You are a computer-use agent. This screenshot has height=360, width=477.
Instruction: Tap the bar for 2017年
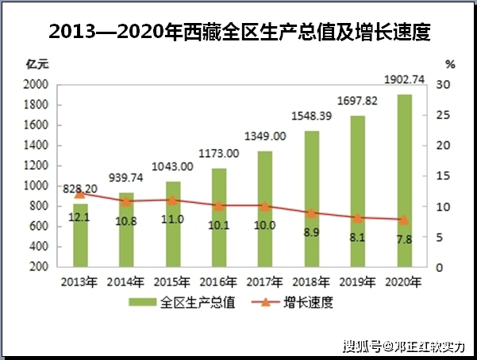[x=265, y=209]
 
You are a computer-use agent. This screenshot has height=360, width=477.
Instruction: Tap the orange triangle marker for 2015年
[x=173, y=201]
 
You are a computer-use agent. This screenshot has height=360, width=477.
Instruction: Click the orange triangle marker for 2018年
[x=312, y=213]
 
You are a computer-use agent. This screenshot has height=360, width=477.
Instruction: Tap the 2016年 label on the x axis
[x=219, y=281]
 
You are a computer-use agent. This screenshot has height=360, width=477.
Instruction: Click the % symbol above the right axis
[x=450, y=63]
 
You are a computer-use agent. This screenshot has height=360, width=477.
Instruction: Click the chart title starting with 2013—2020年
[x=239, y=33]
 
